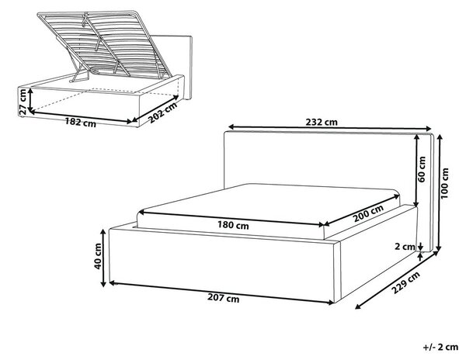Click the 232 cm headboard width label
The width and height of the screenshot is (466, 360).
[322, 122]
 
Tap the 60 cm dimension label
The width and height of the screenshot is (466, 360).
[422, 169]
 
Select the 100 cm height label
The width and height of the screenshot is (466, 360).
[445, 183]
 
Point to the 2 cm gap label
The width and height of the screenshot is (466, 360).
[405, 246]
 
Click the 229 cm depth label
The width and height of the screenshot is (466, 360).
[405, 282]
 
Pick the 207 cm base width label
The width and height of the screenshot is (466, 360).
[223, 298]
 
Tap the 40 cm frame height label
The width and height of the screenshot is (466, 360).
[98, 256]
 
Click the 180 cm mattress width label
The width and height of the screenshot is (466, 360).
[233, 225]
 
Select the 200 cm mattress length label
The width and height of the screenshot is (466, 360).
[368, 213]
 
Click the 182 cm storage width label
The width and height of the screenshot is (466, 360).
[81, 122]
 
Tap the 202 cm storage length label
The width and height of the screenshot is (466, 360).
[162, 112]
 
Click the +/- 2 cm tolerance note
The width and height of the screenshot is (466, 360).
[440, 347]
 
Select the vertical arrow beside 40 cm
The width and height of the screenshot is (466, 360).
[103, 258]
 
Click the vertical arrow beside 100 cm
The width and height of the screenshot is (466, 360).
[440, 192]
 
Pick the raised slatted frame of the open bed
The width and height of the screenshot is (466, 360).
[104, 44]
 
